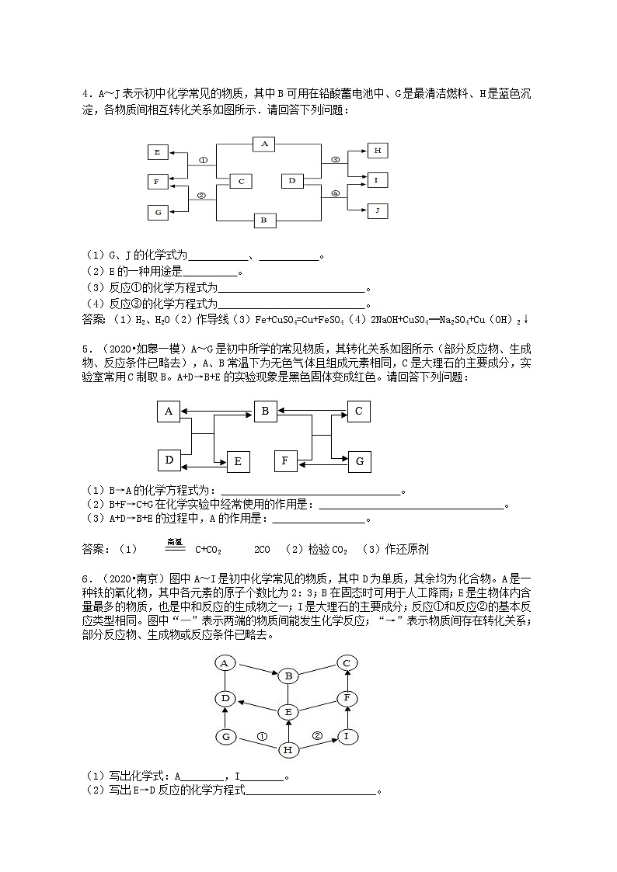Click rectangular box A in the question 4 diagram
pos(265,144)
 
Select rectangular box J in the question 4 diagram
pos(377,210)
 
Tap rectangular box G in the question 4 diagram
pos(158,211)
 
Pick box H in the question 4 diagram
pos(377,151)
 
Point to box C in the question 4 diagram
pos(242,181)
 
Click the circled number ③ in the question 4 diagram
pos(336,160)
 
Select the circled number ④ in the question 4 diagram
pos(336,194)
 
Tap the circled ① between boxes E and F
pos(203,161)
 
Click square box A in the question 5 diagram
pos(169,412)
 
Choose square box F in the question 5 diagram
pos(285,460)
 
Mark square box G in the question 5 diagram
pos(359,461)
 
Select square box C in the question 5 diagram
pos(358,411)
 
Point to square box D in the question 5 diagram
pos(169,460)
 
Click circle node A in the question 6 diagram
pos(225,663)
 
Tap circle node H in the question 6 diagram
pos(288,749)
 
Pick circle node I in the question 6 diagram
pos(347,735)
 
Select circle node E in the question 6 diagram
pos(288,711)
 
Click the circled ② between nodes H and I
pos(317,735)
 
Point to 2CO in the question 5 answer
pos(262,550)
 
